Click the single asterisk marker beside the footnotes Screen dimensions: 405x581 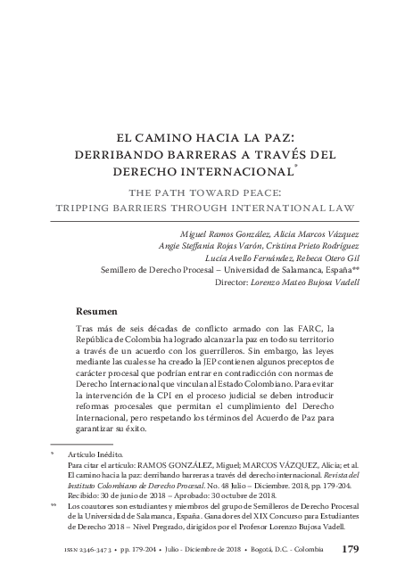(x=53, y=454)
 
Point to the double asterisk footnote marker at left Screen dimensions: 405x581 (x=54, y=503)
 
